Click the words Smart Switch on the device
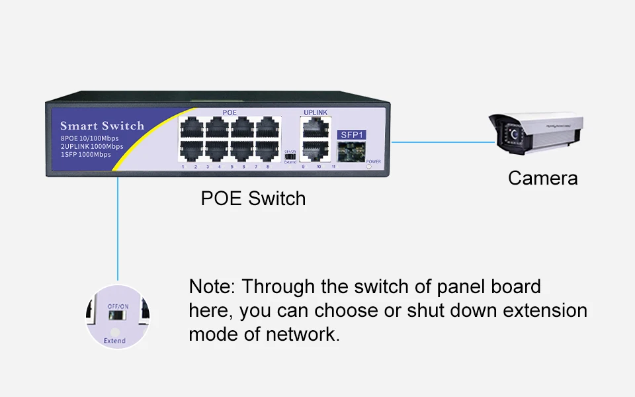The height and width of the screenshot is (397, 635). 102,126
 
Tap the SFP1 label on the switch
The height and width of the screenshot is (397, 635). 351,134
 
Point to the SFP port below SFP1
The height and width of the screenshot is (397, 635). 351,152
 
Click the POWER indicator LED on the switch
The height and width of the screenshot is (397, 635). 369,167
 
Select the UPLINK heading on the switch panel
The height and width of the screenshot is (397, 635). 315,112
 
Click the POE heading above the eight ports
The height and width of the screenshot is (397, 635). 230,112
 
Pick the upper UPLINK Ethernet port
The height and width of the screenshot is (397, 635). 315,128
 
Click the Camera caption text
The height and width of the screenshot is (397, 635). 542,178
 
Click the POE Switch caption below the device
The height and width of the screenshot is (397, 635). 253,198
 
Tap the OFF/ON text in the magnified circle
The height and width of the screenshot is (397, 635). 118,306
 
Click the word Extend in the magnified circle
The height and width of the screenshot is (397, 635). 114,341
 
